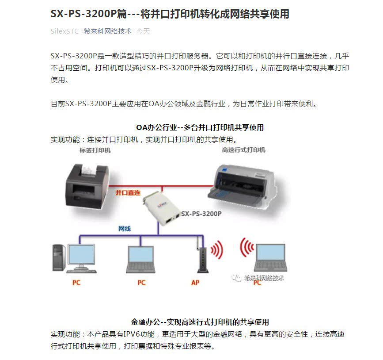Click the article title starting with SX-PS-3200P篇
tap(170, 14)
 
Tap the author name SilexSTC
tap(64, 31)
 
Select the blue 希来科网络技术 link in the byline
tap(107, 31)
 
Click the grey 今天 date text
tap(143, 31)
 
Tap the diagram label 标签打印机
tap(95, 150)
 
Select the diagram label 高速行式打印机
tap(243, 150)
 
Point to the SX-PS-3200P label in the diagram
tap(201, 214)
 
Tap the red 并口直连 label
tap(128, 193)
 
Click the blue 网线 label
tap(124, 229)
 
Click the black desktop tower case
tap(58, 257)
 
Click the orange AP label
tap(195, 282)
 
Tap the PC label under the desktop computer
tap(76, 282)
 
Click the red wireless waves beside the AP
tap(216, 250)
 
